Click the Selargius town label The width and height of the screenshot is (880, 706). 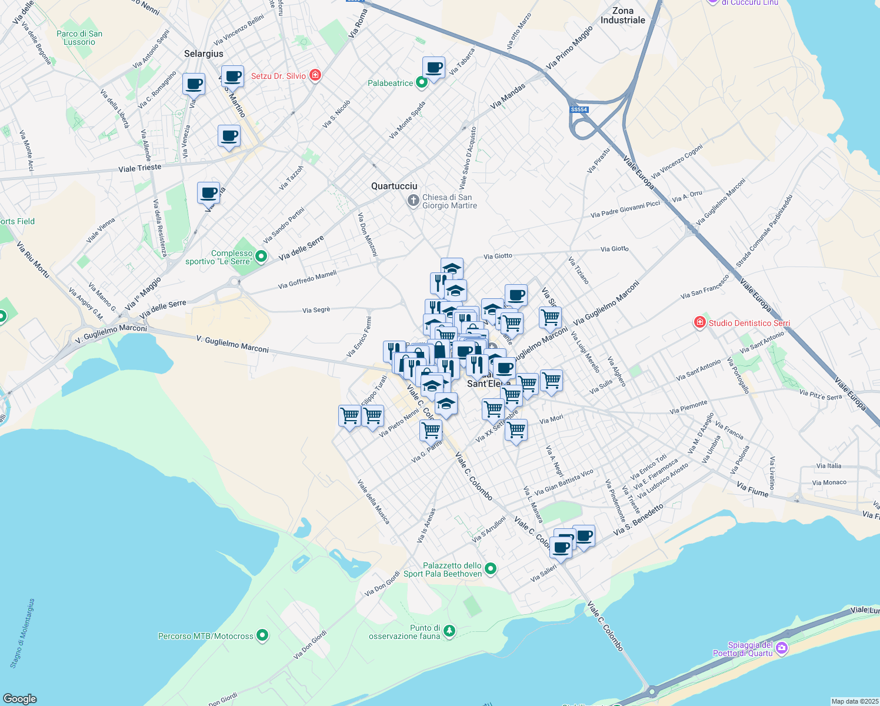pyautogui.click(x=204, y=54)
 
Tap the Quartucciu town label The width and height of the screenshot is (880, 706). pyautogui.click(x=394, y=186)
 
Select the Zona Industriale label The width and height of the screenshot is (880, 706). pyautogui.click(x=622, y=15)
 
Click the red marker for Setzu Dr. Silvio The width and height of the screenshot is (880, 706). pyautogui.click(x=315, y=75)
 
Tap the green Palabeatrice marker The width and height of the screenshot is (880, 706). pyautogui.click(x=421, y=83)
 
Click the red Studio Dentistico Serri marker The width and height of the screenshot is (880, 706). pyautogui.click(x=699, y=322)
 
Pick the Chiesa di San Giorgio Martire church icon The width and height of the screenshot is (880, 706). pyautogui.click(x=414, y=201)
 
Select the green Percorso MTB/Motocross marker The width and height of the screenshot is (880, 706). pyautogui.click(x=262, y=635)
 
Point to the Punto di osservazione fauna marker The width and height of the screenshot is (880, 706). pyautogui.click(x=449, y=631)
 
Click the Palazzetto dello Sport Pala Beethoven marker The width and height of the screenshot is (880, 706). pyautogui.click(x=491, y=569)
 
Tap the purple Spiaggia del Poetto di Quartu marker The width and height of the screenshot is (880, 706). pyautogui.click(x=781, y=648)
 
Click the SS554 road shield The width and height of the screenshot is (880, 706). pyautogui.click(x=579, y=109)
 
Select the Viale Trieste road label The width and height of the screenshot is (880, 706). pyautogui.click(x=139, y=168)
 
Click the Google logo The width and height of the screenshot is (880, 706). pyautogui.click(x=19, y=698)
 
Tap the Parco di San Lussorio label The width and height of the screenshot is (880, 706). pyautogui.click(x=79, y=38)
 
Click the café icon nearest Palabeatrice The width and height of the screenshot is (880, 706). pyautogui.click(x=434, y=68)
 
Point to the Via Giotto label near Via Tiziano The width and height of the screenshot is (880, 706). pyautogui.click(x=614, y=249)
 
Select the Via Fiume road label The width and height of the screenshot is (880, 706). pyautogui.click(x=752, y=489)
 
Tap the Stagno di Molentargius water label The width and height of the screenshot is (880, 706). pyautogui.click(x=22, y=633)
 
